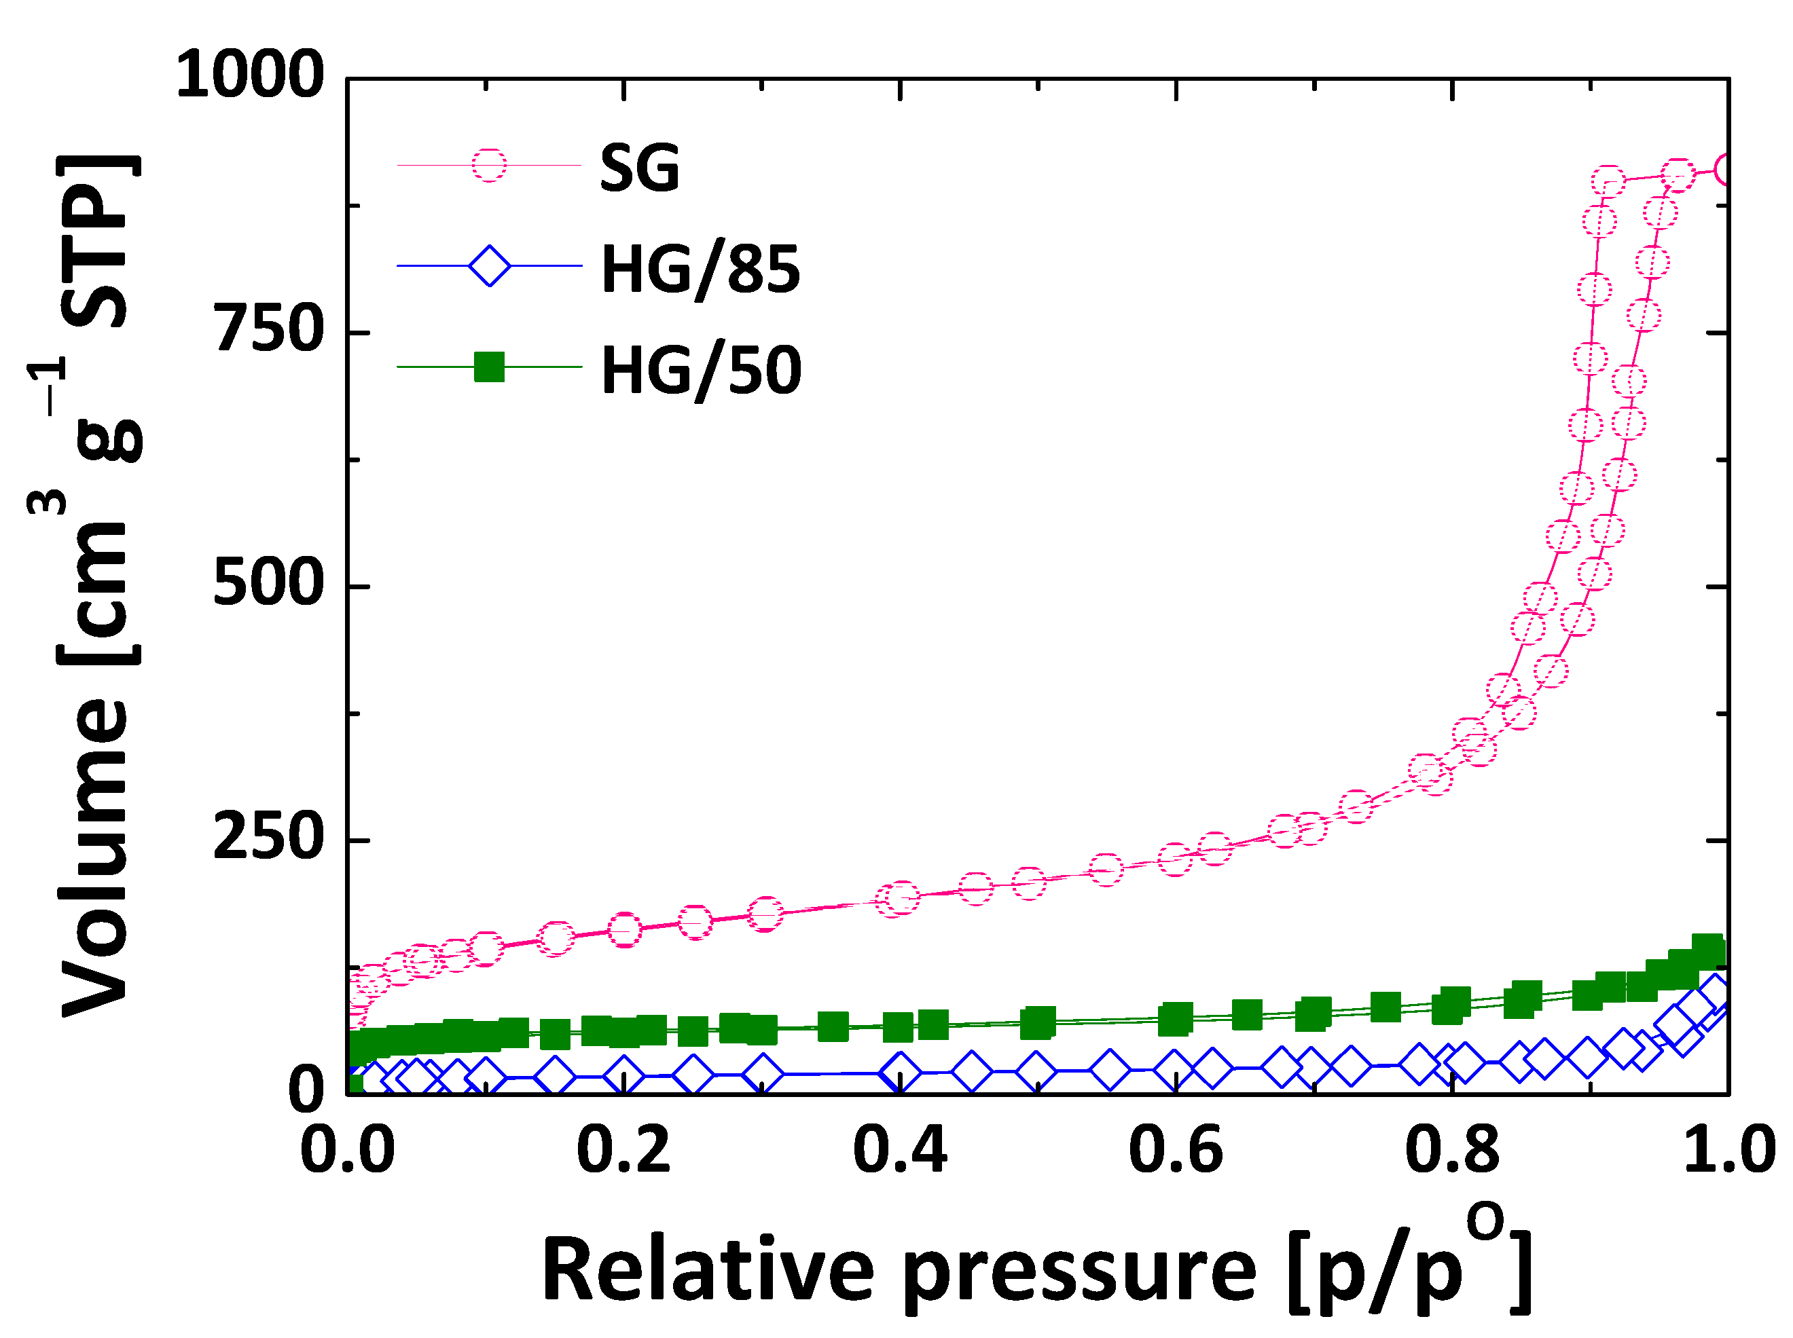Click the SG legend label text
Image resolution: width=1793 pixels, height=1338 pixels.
638,168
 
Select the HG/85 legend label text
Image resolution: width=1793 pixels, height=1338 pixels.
700,269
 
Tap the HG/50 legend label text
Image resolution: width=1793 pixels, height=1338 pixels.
700,370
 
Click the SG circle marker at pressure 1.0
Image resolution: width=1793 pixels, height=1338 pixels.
1726,169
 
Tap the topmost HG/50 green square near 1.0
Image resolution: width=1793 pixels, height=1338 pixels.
1708,948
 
